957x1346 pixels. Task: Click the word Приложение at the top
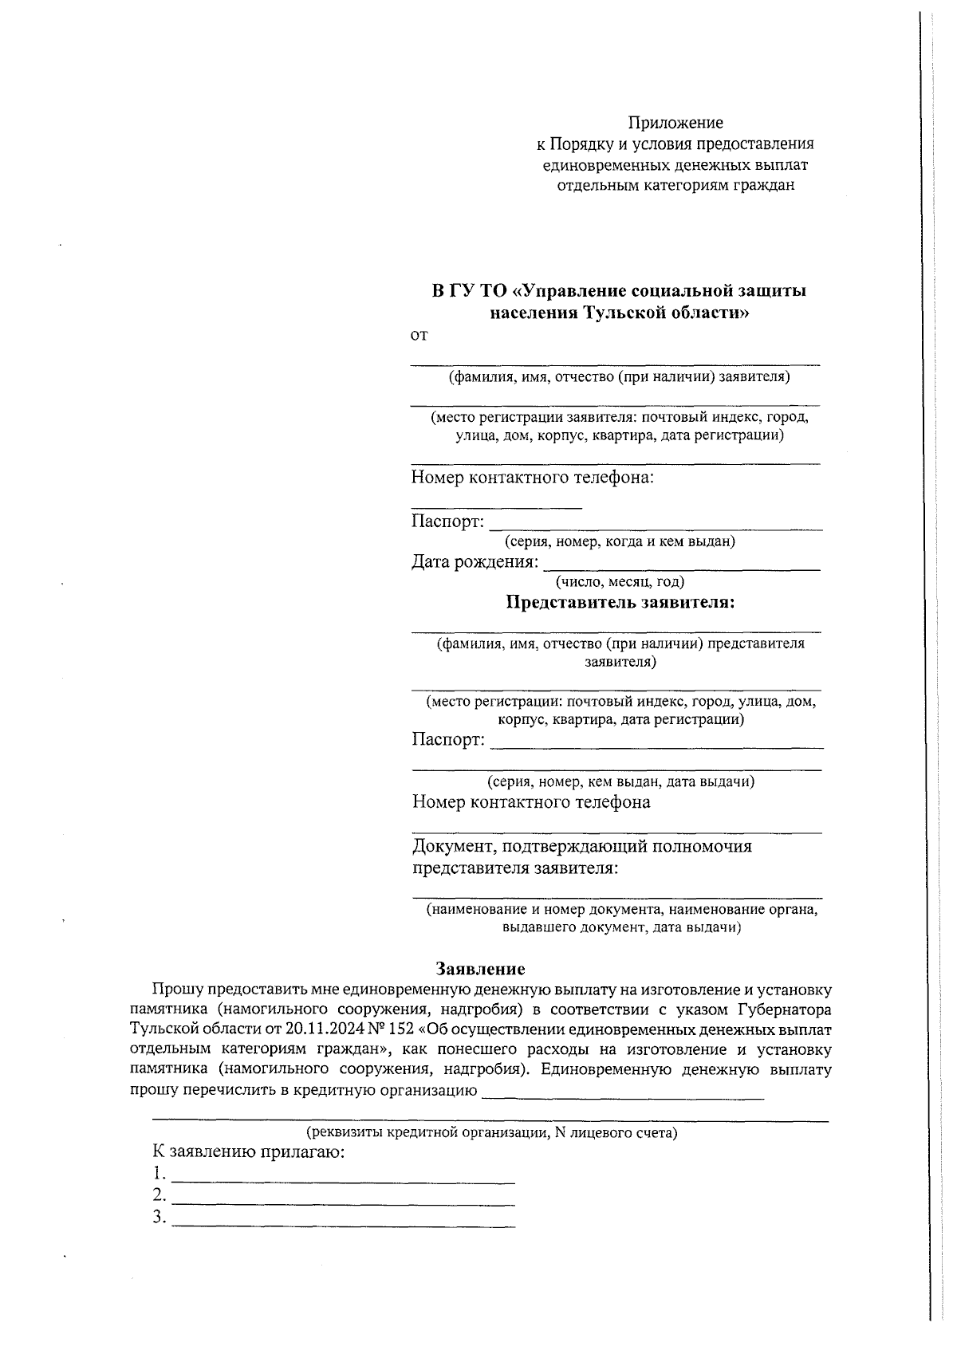tap(675, 123)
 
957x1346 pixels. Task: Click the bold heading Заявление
tap(480, 969)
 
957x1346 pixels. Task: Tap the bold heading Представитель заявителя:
tap(620, 602)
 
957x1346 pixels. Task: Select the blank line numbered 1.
tap(343, 1181)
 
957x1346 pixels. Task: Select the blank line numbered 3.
tap(343, 1225)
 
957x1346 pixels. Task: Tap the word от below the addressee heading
tap(419, 336)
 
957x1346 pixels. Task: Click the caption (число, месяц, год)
tap(620, 582)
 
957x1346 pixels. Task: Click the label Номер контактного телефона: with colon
tap(533, 478)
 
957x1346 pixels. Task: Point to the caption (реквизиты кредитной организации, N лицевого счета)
tap(492, 1132)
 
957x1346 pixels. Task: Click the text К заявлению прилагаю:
tap(249, 1152)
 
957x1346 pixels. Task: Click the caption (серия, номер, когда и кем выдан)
tap(620, 541)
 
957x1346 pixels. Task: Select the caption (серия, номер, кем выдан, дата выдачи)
tap(620, 781)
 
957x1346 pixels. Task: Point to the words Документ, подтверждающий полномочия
tap(581, 846)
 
